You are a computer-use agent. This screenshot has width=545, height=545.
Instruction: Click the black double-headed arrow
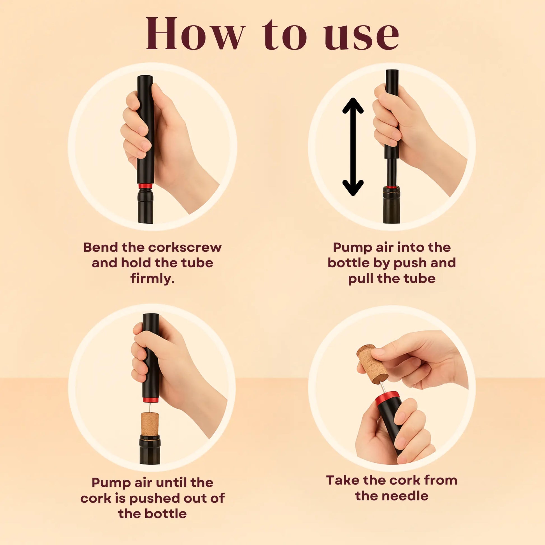click(x=353, y=147)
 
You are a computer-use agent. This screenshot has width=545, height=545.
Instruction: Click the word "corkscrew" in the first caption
click(x=185, y=247)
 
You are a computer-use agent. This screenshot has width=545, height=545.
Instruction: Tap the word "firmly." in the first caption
click(x=152, y=279)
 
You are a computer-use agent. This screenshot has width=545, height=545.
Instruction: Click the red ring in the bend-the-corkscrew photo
click(x=146, y=186)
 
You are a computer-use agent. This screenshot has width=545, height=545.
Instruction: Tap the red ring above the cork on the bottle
click(x=151, y=400)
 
